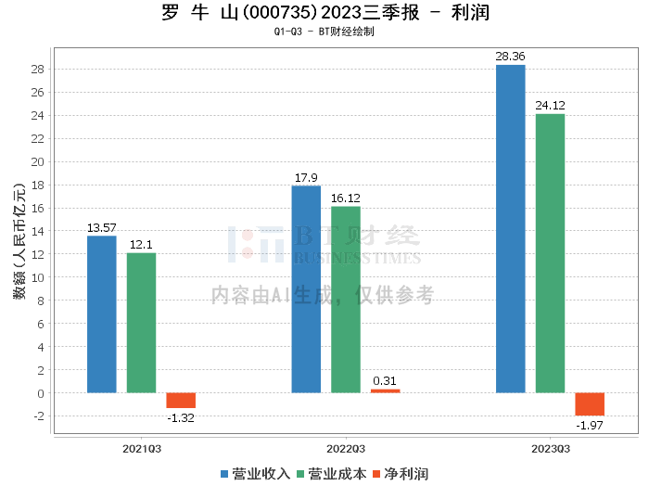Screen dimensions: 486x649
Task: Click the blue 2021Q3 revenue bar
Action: coord(102,314)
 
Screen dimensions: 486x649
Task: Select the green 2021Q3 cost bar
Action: coord(141,323)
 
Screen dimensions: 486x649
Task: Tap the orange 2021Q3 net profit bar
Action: coord(181,401)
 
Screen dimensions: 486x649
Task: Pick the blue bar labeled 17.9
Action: coord(306,289)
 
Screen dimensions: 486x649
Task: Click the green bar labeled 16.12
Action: coord(345,300)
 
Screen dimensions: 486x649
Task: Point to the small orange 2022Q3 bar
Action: coord(385,390)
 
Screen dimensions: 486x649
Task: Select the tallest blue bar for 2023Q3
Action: coord(510,229)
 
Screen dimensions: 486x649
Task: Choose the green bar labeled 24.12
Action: coord(550,253)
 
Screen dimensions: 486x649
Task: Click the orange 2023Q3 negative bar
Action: coord(590,404)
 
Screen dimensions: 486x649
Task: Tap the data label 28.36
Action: coord(510,57)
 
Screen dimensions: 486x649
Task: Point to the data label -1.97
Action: coord(590,425)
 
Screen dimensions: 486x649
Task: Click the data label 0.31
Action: coord(385,380)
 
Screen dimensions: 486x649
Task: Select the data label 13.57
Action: coord(102,227)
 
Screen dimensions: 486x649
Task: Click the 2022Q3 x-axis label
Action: coord(346,447)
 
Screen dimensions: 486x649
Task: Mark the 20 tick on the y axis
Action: coord(38,161)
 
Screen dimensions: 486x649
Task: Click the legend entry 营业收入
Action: coord(255,473)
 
